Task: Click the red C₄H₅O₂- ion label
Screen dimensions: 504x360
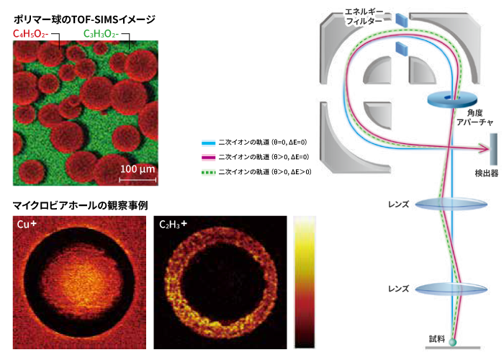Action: coord(30,34)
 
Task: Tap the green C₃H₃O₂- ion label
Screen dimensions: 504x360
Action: coord(101,34)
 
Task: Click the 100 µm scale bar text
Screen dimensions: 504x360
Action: coord(138,169)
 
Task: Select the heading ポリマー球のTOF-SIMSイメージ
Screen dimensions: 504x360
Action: coord(84,19)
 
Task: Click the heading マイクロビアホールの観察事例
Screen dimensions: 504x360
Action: coord(80,205)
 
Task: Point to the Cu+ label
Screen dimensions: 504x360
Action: coord(27,224)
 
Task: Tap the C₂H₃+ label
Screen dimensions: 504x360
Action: coord(173,224)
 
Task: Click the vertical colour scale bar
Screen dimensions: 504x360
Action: coord(305,282)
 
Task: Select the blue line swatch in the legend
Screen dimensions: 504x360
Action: coord(208,143)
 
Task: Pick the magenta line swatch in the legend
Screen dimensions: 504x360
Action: coord(208,158)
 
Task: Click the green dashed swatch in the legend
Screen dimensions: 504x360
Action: coord(208,173)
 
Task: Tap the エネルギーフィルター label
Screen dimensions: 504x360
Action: coord(364,17)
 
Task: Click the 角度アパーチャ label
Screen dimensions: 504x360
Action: coord(474,117)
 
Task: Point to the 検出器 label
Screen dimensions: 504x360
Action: coord(486,174)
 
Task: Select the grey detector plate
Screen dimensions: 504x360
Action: coord(493,149)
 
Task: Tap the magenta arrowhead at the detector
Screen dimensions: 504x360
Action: coord(483,148)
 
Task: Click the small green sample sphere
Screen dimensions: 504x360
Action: coord(453,342)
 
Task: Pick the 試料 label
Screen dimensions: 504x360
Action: coord(437,339)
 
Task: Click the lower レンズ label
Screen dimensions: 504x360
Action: coord(399,289)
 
